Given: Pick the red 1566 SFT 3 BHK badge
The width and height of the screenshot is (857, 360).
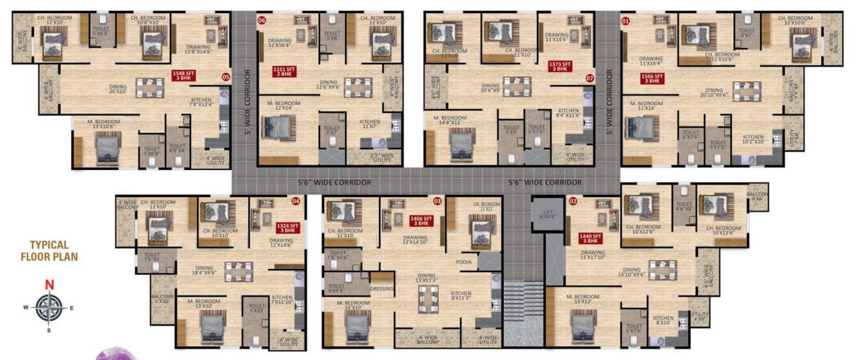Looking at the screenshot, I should [x=652, y=78].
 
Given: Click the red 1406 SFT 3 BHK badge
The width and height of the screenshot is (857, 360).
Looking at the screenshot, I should [x=420, y=221].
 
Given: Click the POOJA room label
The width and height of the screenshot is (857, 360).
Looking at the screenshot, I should [x=464, y=262].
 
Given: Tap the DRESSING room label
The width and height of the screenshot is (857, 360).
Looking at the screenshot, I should [x=382, y=289].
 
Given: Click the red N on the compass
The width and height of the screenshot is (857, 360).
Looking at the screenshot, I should [x=48, y=285].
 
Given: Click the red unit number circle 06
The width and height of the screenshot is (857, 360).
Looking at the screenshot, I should [x=262, y=21].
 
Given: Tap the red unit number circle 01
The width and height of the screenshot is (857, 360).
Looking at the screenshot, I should [x=625, y=21].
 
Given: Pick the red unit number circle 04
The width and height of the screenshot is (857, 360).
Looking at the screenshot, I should [x=296, y=201].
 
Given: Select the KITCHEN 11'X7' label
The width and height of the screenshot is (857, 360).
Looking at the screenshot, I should [x=369, y=124].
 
